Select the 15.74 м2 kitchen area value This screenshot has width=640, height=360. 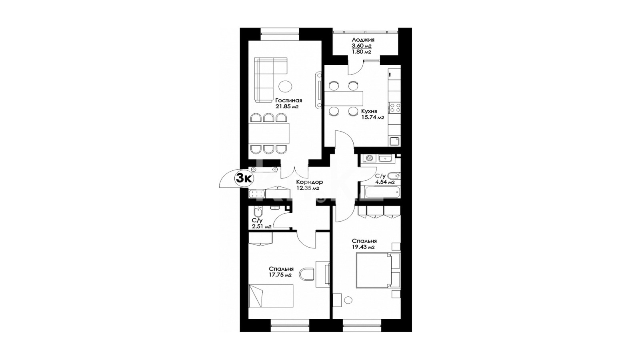[x=372, y=118]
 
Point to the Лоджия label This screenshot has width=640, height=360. [x=363, y=40]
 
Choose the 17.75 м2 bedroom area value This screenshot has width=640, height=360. [x=280, y=276]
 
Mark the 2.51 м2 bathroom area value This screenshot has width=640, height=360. [x=62, y=227]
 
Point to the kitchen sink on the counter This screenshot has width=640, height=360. [x=395, y=141]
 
